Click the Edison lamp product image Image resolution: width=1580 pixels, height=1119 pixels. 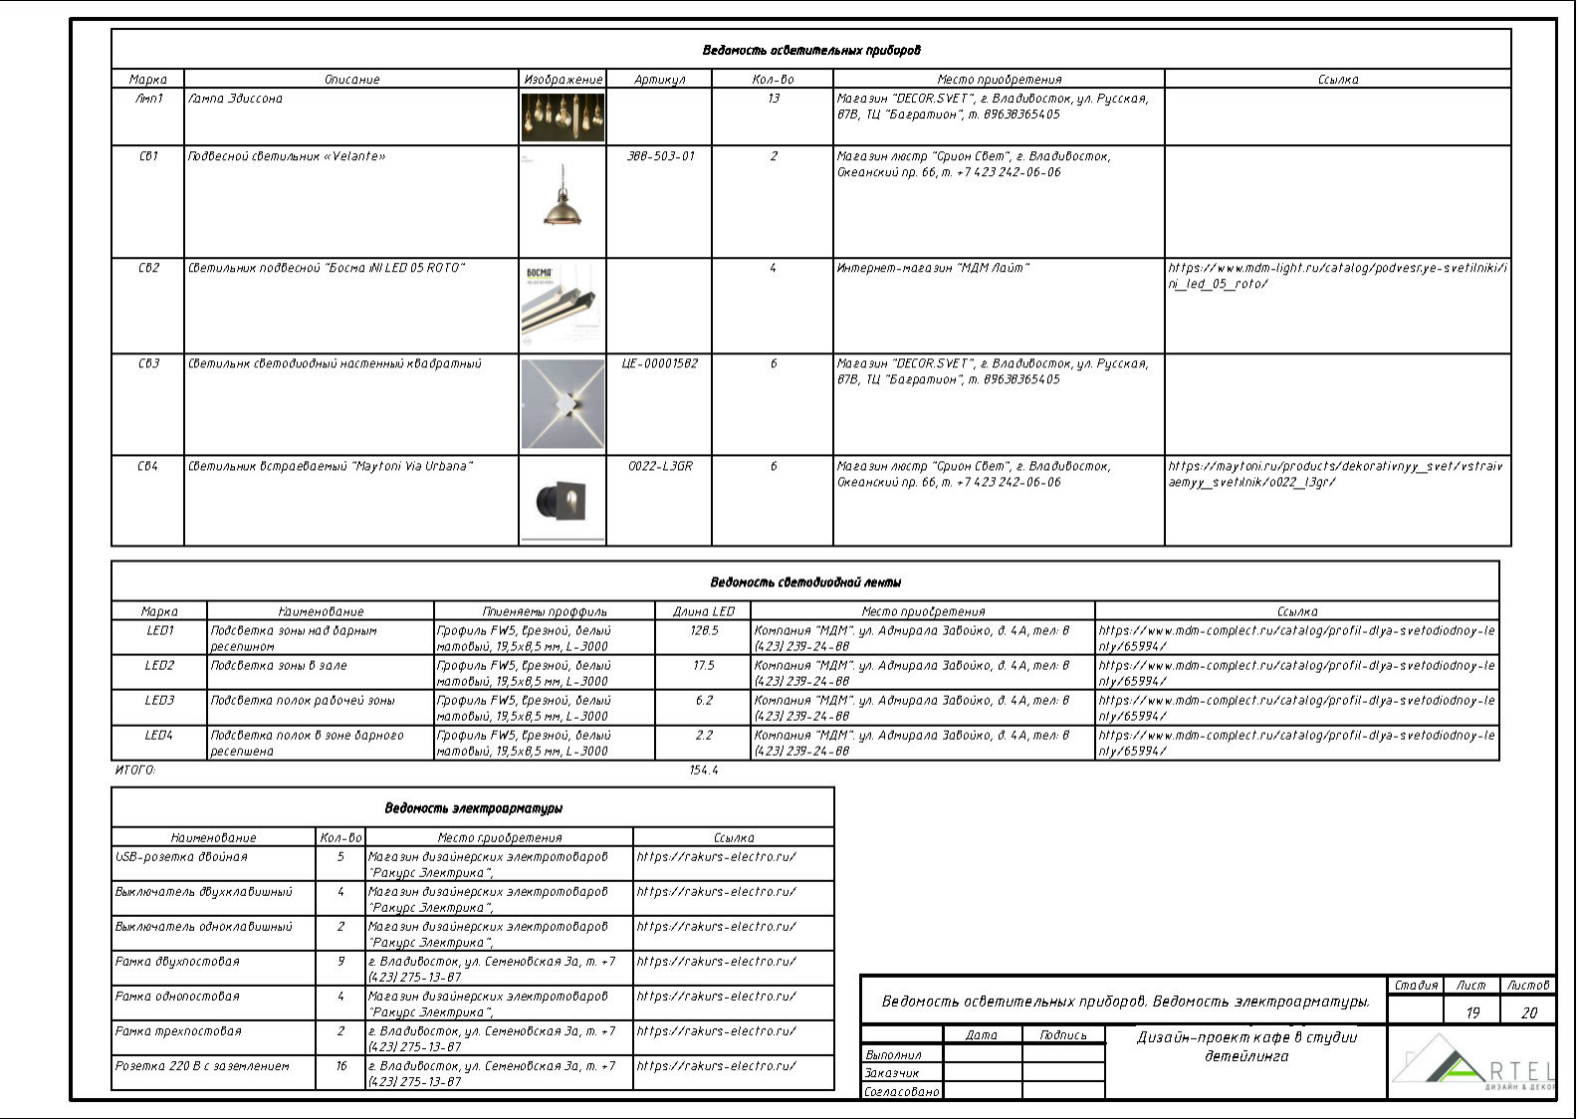563,117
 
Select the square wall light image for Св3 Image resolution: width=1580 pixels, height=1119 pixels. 563,404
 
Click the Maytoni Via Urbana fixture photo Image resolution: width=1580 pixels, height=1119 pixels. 563,500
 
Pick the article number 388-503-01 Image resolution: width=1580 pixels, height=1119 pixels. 660,156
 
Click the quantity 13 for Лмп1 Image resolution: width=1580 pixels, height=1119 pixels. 774,99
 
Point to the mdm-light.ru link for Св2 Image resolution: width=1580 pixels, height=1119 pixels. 1337,276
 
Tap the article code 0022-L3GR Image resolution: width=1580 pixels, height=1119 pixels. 660,466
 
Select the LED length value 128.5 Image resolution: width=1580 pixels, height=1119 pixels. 704,631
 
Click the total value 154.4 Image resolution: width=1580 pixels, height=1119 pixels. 704,771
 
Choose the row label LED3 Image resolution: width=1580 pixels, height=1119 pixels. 159,701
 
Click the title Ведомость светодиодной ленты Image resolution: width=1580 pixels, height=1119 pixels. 805,581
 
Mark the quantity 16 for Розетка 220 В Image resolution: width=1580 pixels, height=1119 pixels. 341,1066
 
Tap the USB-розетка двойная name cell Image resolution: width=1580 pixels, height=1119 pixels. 182,857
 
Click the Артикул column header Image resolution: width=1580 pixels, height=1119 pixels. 660,80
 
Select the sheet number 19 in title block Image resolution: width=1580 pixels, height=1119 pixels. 1472,1013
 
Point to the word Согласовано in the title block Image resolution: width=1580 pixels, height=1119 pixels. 902,1092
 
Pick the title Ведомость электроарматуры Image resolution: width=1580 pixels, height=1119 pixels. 474,808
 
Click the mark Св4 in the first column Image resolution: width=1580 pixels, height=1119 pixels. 148,466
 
